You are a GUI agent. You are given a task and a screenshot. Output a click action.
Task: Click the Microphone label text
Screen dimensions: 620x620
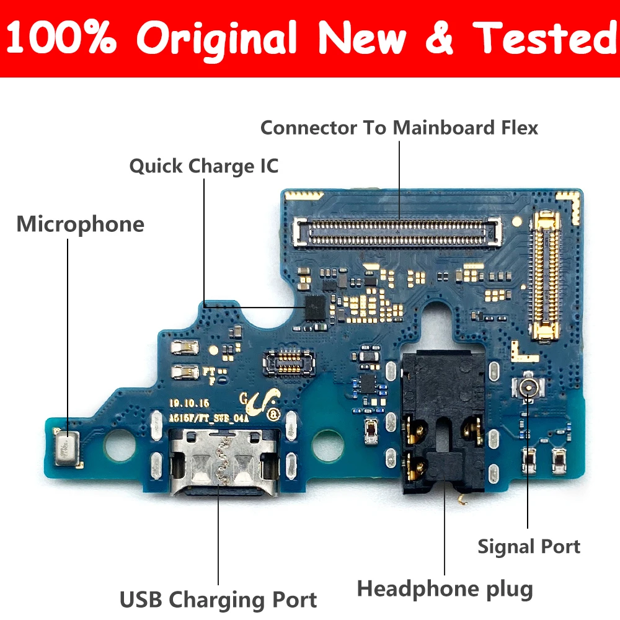coord(80,224)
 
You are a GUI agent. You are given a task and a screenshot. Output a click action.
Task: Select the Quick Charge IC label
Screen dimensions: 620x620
coord(203,166)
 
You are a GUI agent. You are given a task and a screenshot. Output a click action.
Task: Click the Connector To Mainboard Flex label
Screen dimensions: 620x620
coord(399,128)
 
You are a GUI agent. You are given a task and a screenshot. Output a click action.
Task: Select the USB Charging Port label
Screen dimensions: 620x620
coord(218,600)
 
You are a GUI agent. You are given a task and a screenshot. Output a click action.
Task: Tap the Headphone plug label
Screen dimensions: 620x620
coord(445,588)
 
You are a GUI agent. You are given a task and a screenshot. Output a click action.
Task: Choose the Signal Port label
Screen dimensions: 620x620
coord(528,546)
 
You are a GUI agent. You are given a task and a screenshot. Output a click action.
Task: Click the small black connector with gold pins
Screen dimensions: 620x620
coord(288,361)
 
